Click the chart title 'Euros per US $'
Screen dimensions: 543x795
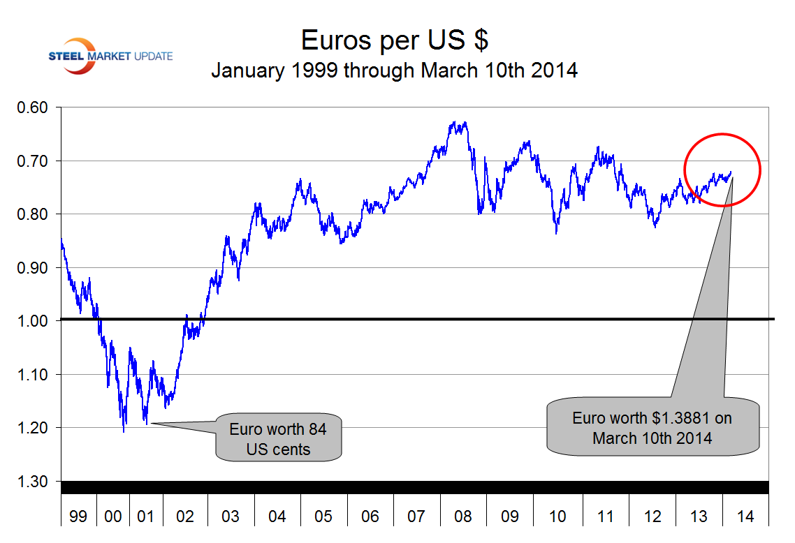pyautogui.click(x=394, y=40)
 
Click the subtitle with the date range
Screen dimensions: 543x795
pyautogui.click(x=394, y=70)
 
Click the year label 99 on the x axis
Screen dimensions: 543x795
pyautogui.click(x=78, y=516)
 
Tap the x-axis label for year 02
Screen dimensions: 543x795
pyautogui.click(x=185, y=516)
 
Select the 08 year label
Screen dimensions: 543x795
pyautogui.click(x=463, y=516)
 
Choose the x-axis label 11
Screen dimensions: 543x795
pyautogui.click(x=605, y=516)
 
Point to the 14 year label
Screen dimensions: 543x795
pyautogui.click(x=745, y=516)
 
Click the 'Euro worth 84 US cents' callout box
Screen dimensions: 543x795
pyautogui.click(x=278, y=439)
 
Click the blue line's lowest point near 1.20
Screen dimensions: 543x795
pyautogui.click(x=124, y=431)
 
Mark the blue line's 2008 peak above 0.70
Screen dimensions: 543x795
pyautogui.click(x=455, y=122)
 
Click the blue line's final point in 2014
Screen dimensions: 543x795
pyautogui.click(x=731, y=172)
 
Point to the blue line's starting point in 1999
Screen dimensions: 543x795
pyautogui.click(x=61, y=240)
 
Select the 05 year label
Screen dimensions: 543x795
pyautogui.click(x=323, y=516)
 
